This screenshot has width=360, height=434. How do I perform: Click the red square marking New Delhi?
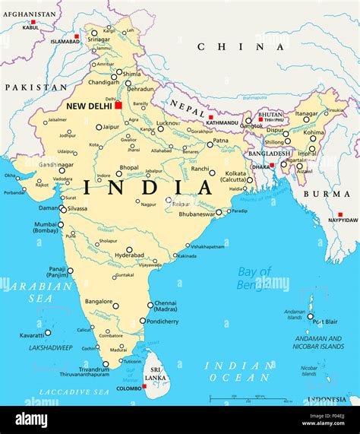tap(118, 105)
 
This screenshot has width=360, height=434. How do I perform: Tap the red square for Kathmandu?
tap(210, 117)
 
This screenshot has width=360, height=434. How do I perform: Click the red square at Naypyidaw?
tap(340, 214)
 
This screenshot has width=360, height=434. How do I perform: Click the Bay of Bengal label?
tap(254, 278)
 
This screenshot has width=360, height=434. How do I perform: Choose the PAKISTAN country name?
tap(31, 87)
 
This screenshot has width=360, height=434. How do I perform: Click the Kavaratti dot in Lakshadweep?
tap(48, 332)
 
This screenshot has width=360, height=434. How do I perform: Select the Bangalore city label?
tap(100, 302)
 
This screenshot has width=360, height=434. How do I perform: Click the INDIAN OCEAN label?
tap(238, 372)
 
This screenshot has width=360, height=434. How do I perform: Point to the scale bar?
tap(251, 398)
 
